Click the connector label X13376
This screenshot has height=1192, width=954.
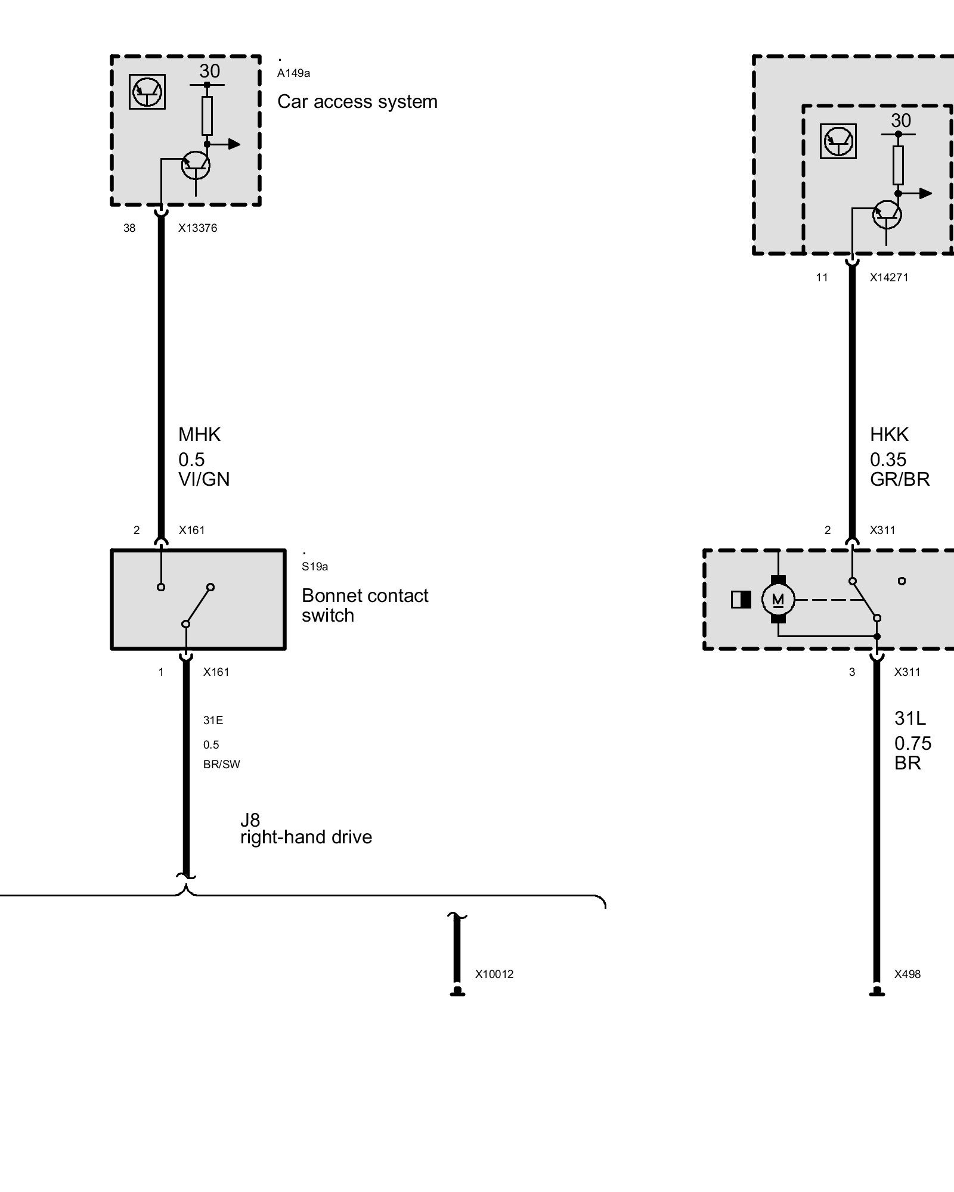[x=197, y=228]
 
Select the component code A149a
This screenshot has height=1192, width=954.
[x=293, y=73]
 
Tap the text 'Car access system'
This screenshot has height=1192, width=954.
[x=357, y=102]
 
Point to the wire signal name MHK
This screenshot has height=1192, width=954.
[x=199, y=434]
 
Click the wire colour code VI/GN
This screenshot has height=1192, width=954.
[x=204, y=479]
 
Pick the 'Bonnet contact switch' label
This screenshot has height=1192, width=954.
[x=364, y=605]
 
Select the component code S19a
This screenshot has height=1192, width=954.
[x=314, y=567]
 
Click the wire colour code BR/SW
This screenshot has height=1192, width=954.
[x=221, y=764]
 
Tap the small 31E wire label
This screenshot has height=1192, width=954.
[x=213, y=720]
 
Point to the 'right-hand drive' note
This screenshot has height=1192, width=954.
[x=306, y=837]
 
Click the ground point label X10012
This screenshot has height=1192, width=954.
[x=494, y=974]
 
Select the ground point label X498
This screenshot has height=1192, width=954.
[x=907, y=974]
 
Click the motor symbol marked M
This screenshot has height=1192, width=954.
[x=778, y=600]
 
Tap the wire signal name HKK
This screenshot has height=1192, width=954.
[x=889, y=434]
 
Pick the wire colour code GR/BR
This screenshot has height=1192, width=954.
[x=900, y=479]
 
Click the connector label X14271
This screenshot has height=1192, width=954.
[x=888, y=277]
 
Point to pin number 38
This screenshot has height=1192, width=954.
[x=129, y=228]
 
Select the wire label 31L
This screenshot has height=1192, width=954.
[x=910, y=718]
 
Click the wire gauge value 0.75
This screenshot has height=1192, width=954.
[x=912, y=743]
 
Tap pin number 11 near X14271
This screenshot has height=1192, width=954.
[x=822, y=277]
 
